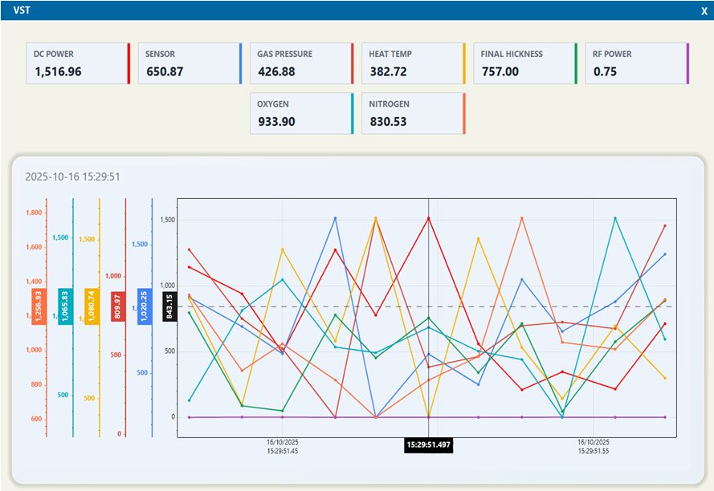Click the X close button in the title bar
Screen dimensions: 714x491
[x=704, y=11]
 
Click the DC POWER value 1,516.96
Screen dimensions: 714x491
[x=58, y=71]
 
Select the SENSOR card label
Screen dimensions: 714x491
[x=160, y=54]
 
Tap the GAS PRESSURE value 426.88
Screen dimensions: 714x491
[x=276, y=71]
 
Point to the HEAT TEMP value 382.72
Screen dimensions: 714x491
[x=388, y=71]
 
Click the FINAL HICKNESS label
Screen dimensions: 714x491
[x=512, y=54]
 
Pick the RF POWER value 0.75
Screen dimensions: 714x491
[x=605, y=71]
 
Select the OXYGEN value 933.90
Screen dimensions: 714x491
[x=276, y=121]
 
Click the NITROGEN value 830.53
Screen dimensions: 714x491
[x=388, y=121]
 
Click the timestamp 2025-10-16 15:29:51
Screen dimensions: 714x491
[x=72, y=177]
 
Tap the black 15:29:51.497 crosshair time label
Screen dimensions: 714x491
[x=429, y=445]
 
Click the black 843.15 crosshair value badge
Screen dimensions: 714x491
[x=169, y=306]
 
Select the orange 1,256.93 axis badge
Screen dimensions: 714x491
[x=39, y=306]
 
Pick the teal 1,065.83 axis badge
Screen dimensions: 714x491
[x=65, y=306]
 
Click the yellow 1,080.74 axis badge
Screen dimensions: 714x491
[x=92, y=306]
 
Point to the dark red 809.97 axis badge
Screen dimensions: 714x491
[x=118, y=306]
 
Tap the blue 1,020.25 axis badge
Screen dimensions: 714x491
[x=145, y=306]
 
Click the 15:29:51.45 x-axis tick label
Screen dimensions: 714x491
[x=283, y=451]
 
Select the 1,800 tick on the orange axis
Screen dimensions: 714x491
[x=34, y=213]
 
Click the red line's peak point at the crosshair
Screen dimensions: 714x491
[x=429, y=218]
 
